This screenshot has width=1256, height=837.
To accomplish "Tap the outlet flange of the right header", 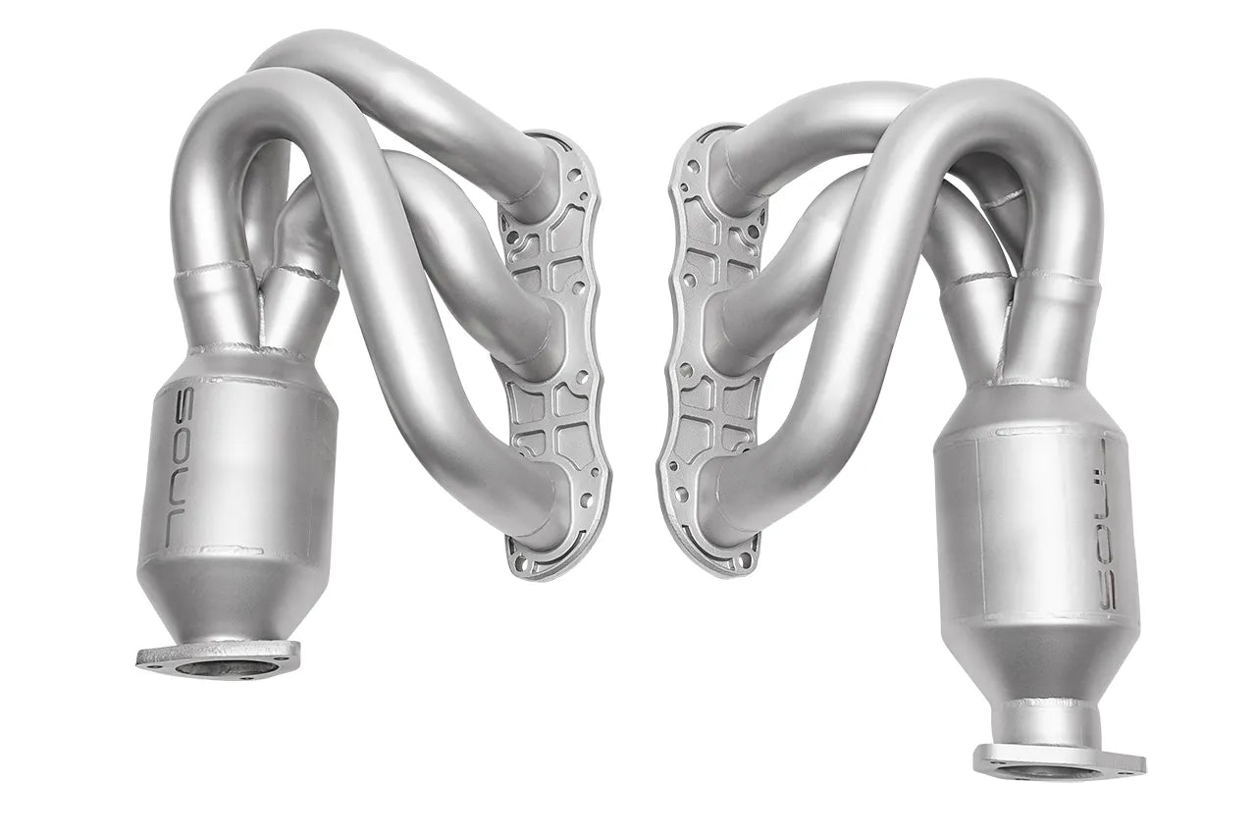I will tap(1059, 760).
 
